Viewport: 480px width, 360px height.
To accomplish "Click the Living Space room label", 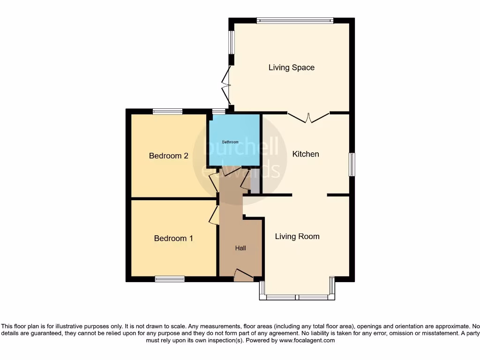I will coord(291,67).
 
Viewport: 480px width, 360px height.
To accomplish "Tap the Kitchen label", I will coord(306,154).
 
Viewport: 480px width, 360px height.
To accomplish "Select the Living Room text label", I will coord(297,236).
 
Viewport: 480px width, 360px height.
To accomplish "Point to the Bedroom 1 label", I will coord(173,239).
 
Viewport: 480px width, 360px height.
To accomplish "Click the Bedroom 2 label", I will coord(169,156).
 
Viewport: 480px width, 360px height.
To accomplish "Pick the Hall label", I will coord(240,248).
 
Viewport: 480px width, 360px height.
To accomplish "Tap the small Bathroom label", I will coord(230,142).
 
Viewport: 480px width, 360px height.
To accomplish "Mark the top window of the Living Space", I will coord(295,20).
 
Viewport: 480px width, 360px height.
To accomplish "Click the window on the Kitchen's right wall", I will coord(352,165).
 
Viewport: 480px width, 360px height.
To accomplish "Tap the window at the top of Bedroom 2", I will coord(167,112).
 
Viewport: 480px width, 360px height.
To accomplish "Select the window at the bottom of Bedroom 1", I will coord(170,279).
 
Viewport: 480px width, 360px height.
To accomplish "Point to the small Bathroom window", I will coord(218,112).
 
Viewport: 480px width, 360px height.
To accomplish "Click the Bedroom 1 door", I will coord(214,214).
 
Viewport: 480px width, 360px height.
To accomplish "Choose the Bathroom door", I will coord(230,171).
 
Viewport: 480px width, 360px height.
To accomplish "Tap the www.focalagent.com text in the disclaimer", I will coord(307,341).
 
